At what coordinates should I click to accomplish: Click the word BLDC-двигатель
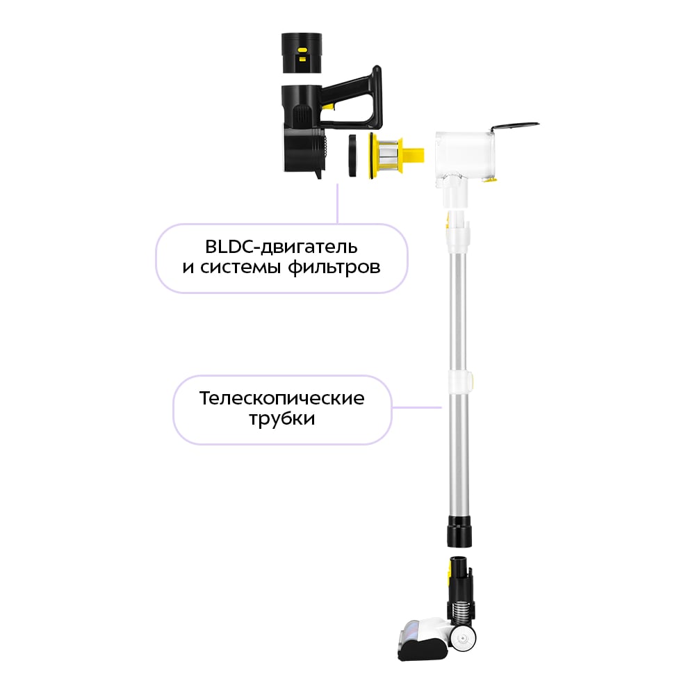point(281,247)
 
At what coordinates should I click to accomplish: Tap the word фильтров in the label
point(334,268)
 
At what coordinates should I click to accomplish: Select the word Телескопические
point(282,398)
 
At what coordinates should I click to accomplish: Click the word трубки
point(282,419)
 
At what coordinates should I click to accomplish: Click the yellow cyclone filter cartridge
point(396,156)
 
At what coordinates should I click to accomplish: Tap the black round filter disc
point(352,156)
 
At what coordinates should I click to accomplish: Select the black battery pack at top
point(302,53)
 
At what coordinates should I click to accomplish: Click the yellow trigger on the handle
point(327,106)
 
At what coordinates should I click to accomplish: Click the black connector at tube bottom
point(459,532)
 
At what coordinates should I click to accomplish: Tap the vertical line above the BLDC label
point(337,204)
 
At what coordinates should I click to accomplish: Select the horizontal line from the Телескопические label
point(416,407)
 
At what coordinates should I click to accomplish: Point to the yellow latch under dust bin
point(490,179)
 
